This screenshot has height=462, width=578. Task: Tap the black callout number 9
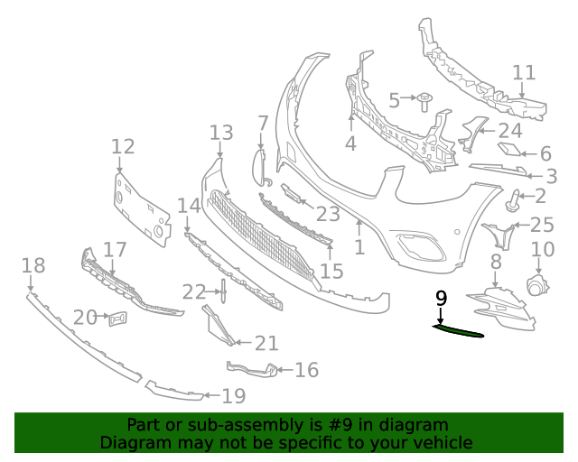point(441,299)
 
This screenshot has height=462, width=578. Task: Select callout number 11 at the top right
point(524,73)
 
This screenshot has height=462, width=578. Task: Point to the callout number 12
point(123,146)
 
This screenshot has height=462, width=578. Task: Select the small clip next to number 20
point(117,318)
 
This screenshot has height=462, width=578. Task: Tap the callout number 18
point(33,265)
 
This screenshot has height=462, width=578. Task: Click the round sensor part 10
point(538,287)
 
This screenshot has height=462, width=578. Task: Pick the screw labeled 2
point(517,199)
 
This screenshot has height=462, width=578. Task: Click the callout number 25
point(541,225)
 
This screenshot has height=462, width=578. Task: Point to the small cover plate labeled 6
point(510,151)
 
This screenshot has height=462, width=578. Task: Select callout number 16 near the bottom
point(307,370)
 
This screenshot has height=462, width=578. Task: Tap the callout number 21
point(266,344)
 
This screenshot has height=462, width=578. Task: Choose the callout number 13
point(221,134)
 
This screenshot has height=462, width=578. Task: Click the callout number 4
point(350,143)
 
